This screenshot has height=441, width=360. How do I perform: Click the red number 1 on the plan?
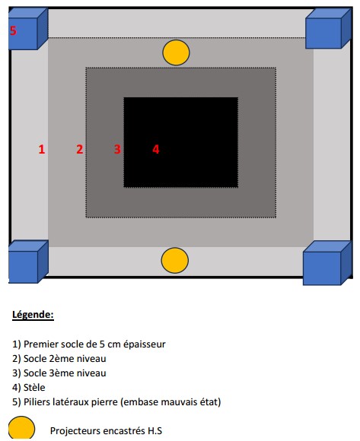[42, 149]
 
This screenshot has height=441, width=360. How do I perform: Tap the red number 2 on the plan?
[80, 149]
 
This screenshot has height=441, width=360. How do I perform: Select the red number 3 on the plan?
[117, 149]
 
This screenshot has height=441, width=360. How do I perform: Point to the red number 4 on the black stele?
[156, 149]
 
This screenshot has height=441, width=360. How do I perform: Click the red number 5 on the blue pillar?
[13, 30]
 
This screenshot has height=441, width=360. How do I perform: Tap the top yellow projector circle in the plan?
[176, 52]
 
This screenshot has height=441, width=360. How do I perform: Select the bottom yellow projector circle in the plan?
[175, 260]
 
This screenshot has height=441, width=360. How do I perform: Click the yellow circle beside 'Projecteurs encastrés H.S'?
[21, 428]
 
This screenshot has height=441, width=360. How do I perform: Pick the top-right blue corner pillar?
[329, 28]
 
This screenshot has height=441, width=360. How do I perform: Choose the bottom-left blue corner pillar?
[28, 262]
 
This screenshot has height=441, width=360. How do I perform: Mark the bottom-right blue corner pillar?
[327, 263]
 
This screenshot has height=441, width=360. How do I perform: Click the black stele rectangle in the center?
[181, 142]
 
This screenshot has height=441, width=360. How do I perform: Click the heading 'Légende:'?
[33, 315]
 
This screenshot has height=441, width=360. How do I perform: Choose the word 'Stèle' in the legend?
[34, 387]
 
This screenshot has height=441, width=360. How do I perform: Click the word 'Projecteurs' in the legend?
[75, 431]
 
